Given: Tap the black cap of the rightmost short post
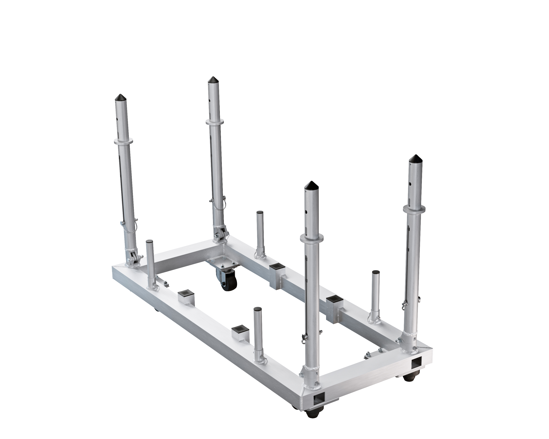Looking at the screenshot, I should click(376, 273).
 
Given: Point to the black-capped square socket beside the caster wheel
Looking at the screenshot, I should click(277, 267).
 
